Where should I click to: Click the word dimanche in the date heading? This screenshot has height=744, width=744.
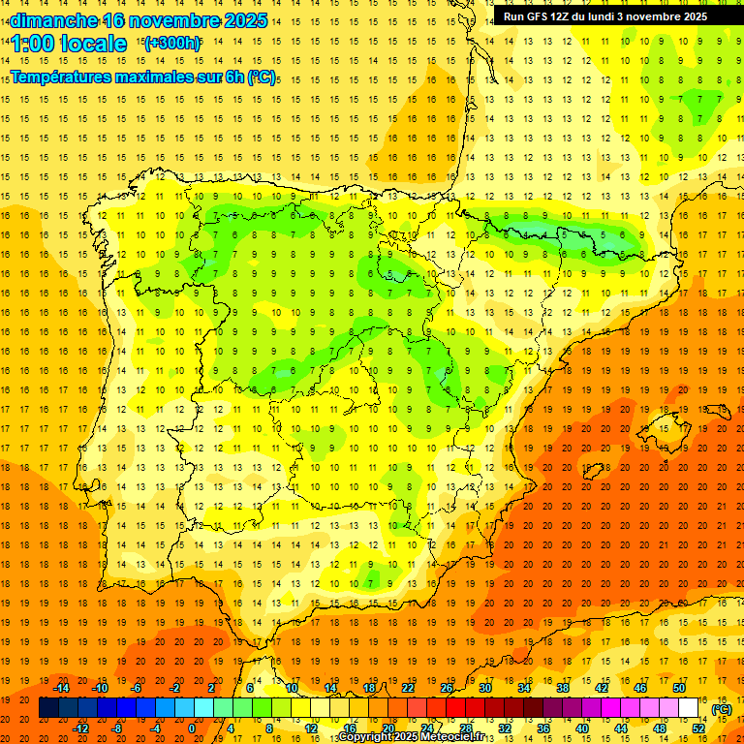(54, 20)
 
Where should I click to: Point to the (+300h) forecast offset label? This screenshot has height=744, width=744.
(171, 43)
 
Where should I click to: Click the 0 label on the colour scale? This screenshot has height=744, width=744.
(192, 728)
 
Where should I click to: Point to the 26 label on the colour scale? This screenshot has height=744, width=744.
(447, 688)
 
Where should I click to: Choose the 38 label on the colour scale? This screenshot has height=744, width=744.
(562, 688)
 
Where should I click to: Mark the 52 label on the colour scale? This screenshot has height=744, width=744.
(698, 728)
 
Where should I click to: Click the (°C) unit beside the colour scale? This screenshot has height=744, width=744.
(721, 708)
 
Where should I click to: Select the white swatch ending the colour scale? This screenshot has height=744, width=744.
(688, 708)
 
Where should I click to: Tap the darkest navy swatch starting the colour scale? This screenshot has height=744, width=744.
(48, 708)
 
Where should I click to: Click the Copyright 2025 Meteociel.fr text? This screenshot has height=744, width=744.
(417, 737)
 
